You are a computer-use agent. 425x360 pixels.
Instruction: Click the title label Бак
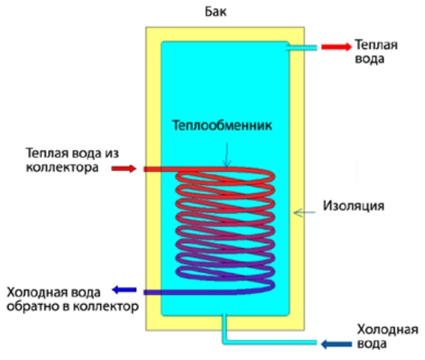tap(216, 12)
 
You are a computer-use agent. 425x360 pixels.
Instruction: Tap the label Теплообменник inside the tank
tap(222, 125)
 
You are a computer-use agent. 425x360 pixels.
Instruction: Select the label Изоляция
tap(353, 207)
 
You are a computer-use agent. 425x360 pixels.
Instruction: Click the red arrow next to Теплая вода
tap(336, 47)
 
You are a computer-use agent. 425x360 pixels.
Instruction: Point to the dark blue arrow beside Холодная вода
tap(336, 344)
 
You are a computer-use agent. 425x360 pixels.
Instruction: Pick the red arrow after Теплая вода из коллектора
tap(124, 169)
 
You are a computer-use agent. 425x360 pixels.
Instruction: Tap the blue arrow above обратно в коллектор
tap(124, 290)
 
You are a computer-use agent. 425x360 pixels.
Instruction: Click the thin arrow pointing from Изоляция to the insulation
tap(305, 212)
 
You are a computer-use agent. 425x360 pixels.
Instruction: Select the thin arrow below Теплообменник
tap(227, 155)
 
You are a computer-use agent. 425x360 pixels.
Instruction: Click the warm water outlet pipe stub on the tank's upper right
tap(302, 48)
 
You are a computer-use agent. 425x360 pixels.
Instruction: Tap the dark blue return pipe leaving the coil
tap(190, 292)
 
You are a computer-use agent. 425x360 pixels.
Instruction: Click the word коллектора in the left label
tap(62, 167)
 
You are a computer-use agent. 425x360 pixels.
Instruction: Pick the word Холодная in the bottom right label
tap(388, 330)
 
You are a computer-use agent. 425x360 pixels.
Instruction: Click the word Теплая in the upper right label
tap(376, 44)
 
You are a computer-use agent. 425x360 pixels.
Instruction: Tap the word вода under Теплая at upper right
tap(370, 59)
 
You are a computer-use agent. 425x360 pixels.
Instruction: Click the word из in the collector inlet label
tap(112, 153)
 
